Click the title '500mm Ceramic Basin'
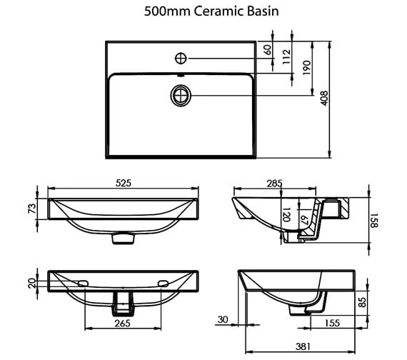pyautogui.click(x=211, y=11)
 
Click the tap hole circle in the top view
pyautogui.click(x=181, y=58)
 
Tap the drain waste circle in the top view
pyautogui.click(x=181, y=96)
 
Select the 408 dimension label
pyautogui.click(x=324, y=98)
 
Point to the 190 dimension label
pyautogui.click(x=306, y=68)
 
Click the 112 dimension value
pyautogui.click(x=286, y=57)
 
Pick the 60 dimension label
pyautogui.click(x=268, y=50)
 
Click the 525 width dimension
pyautogui.click(x=124, y=183)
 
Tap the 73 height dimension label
pyautogui.click(x=32, y=209)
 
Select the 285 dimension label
pyautogui.click(x=274, y=184)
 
